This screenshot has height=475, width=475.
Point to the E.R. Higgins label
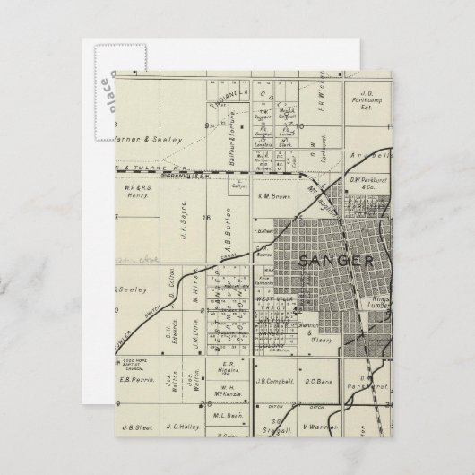(229, 370)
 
